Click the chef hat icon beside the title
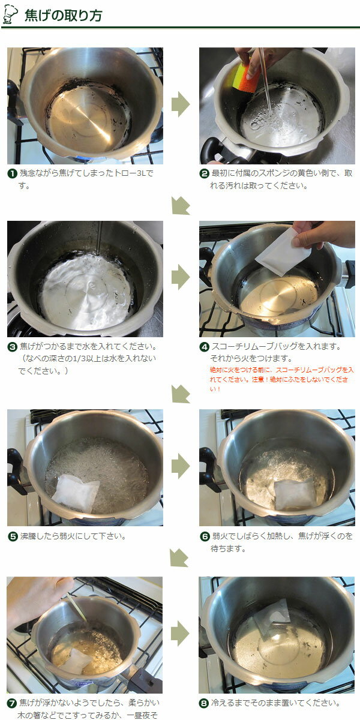[10, 14]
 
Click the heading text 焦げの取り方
[64, 16]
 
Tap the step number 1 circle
[12, 174]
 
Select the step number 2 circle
[204, 174]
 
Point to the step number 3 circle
[12, 347]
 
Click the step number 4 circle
[204, 347]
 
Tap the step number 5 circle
[12, 537]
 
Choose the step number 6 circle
[204, 537]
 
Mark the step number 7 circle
[12, 703]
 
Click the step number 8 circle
[204, 703]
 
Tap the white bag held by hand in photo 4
[283, 253]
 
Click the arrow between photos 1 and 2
[181, 104]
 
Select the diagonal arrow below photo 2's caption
[181, 205]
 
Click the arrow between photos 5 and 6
[181, 466]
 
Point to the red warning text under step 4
[281, 380]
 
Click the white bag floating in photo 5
[75, 493]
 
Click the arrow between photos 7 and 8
[180, 634]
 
